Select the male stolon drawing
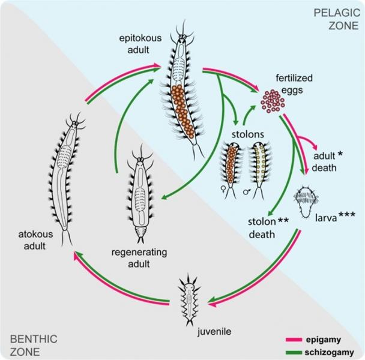tap(259, 168)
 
